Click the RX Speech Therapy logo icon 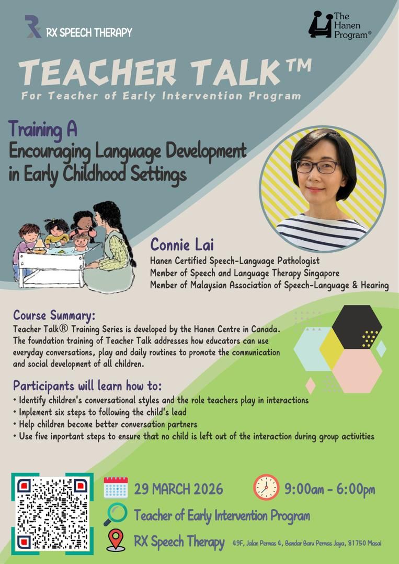33,27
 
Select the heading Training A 42,130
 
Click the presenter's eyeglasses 316,167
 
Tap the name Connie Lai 182,244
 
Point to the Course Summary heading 54,315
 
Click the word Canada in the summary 267,329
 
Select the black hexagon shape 357,327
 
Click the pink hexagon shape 357,370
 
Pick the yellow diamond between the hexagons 332,349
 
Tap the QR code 52,513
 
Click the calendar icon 116,487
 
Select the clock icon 267,487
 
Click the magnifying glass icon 115,514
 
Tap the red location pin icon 116,540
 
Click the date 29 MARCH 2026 179,489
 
